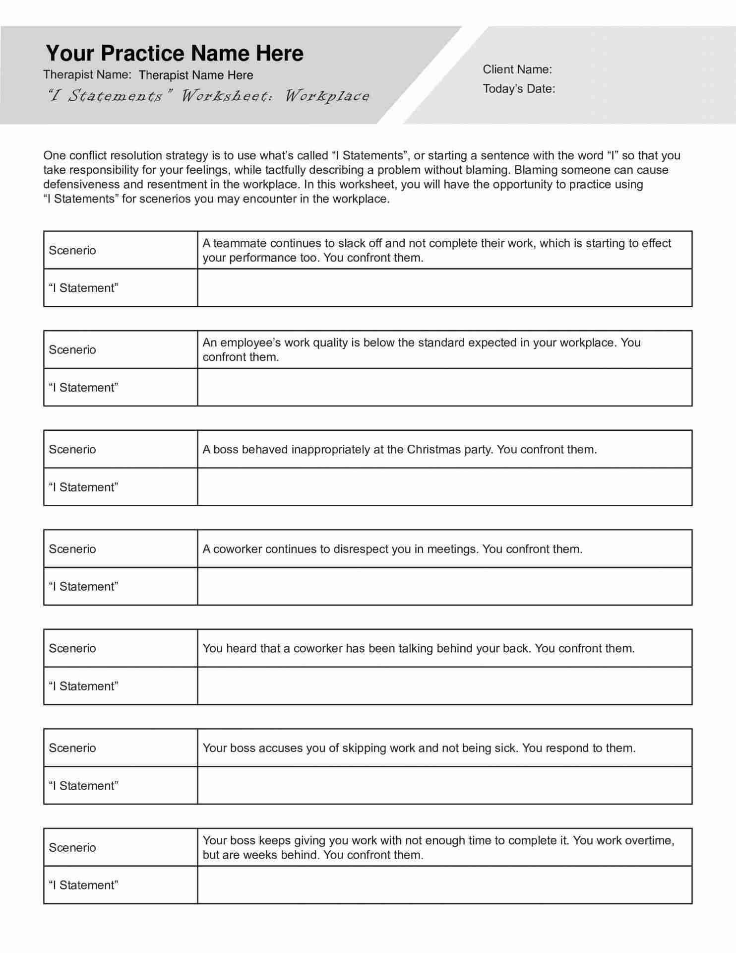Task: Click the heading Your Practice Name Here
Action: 175,53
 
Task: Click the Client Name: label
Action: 517,69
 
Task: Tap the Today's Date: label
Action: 518,89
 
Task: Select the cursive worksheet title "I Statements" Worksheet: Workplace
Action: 208,95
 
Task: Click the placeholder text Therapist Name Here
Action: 195,75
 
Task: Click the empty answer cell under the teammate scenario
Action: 444,288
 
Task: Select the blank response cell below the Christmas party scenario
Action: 444,487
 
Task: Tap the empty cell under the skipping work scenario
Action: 444,786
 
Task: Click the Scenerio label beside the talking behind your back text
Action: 72,648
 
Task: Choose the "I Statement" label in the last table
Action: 83,885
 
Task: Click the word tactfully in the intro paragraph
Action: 285,170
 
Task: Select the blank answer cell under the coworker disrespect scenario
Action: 444,587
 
